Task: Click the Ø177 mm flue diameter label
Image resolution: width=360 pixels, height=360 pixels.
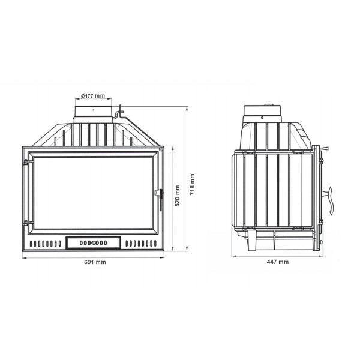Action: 93,96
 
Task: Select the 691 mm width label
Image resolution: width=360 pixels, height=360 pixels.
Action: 95,262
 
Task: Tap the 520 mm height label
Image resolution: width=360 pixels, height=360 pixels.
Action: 177,196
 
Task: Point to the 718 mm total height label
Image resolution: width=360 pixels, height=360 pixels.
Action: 192,184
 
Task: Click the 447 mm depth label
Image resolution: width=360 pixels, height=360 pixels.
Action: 278,262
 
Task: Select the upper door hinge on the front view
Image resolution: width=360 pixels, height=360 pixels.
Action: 28,163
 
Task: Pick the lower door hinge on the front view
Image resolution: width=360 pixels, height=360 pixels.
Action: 28,223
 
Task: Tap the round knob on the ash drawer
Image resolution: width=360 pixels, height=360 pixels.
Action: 94,242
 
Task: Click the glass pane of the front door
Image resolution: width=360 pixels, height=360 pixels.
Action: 93,193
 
